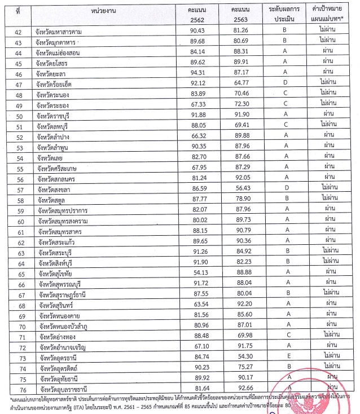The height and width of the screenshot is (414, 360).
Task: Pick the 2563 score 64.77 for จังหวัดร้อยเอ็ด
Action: coord(243,82)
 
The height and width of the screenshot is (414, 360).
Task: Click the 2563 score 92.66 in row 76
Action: coord(243,389)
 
